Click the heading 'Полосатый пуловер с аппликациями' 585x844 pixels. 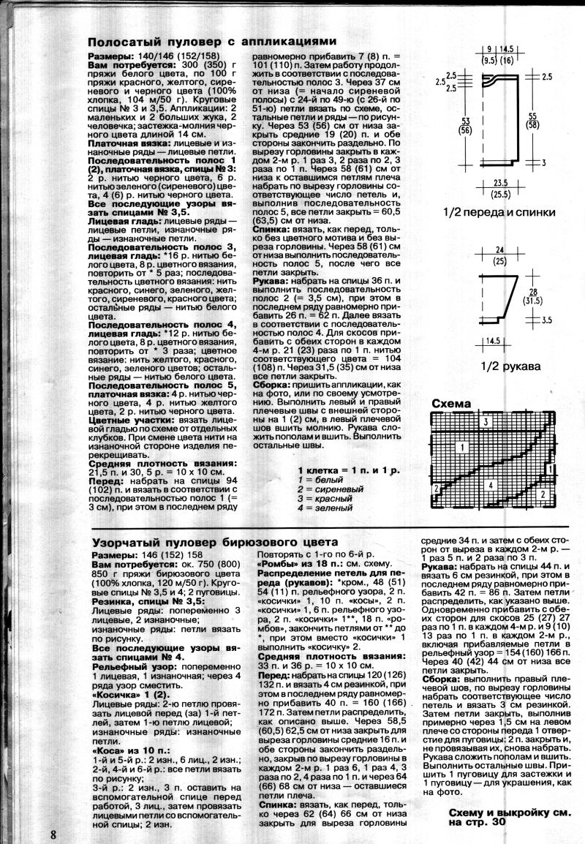(211, 42)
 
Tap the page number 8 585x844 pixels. (54, 834)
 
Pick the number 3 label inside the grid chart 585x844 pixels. (485, 423)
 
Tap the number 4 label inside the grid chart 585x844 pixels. (491, 485)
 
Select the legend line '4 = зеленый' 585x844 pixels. (326, 507)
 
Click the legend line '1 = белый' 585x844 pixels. (322, 478)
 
